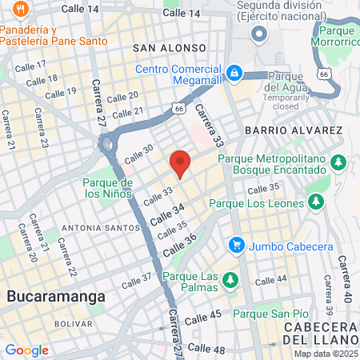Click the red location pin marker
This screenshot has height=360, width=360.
(180, 163)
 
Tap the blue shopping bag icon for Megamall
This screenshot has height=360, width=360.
(234, 73)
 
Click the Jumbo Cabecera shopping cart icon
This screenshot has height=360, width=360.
(236, 243)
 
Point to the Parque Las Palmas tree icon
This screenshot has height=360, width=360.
(230, 279)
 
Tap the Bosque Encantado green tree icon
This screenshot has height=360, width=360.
(338, 163)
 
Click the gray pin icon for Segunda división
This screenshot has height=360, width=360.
(258, 34)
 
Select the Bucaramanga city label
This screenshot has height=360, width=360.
(56, 297)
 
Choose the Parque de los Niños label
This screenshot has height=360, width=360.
(105, 187)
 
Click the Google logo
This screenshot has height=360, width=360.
(26, 350)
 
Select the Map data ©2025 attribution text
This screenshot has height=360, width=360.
(325, 354)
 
